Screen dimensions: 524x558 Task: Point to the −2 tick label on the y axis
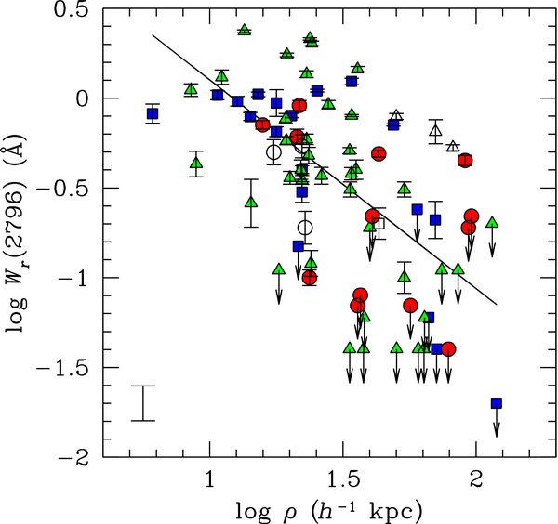click(79, 458)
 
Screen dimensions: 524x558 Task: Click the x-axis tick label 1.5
click(343, 481)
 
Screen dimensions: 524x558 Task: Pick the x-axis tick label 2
click(476, 481)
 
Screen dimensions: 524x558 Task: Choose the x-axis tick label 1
click(210, 481)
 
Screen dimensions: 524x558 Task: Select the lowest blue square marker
click(496, 402)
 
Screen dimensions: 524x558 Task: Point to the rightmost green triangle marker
click(491, 221)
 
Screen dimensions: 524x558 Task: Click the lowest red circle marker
click(448, 349)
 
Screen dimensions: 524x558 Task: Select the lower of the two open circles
click(305, 227)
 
